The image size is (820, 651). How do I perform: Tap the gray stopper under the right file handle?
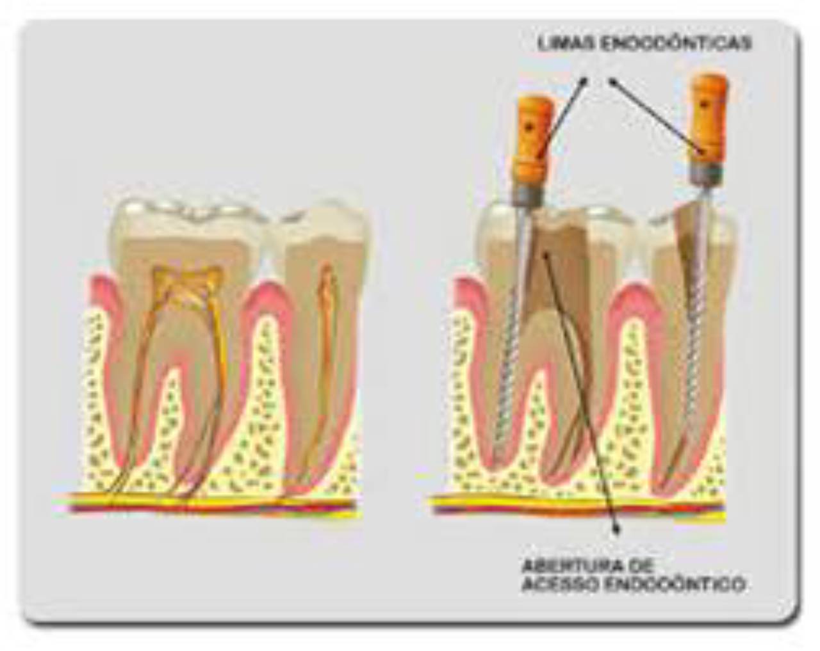coord(705,172)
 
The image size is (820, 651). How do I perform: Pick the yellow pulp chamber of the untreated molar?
coord(186,282)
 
